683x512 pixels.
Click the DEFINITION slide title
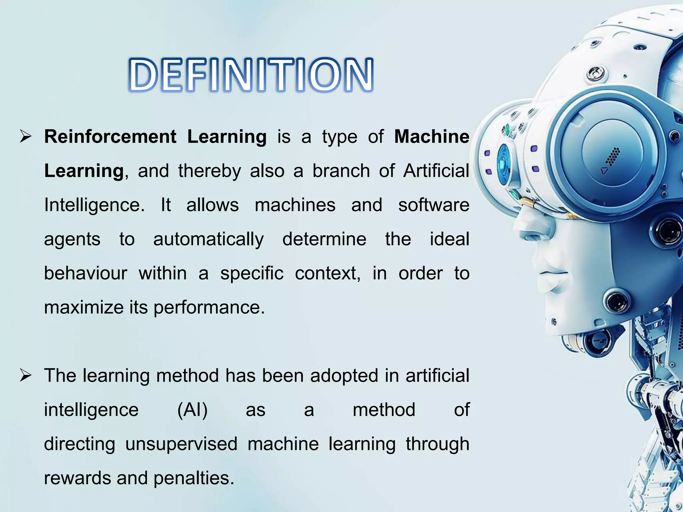(251, 75)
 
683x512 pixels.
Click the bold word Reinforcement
(110, 137)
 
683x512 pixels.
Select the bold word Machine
(432, 137)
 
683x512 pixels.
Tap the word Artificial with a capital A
(436, 171)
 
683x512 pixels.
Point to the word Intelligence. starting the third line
(94, 205)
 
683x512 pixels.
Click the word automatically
(208, 240)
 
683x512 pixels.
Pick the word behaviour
(86, 274)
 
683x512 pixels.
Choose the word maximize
(84, 307)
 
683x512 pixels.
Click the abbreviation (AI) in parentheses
(192, 410)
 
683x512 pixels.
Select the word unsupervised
(181, 444)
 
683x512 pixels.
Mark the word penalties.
(194, 478)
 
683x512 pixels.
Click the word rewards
(77, 478)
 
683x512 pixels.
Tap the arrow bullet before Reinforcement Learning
(26, 137)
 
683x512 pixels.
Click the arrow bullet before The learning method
(26, 376)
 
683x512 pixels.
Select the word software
(434, 205)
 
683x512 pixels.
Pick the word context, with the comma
(328, 274)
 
